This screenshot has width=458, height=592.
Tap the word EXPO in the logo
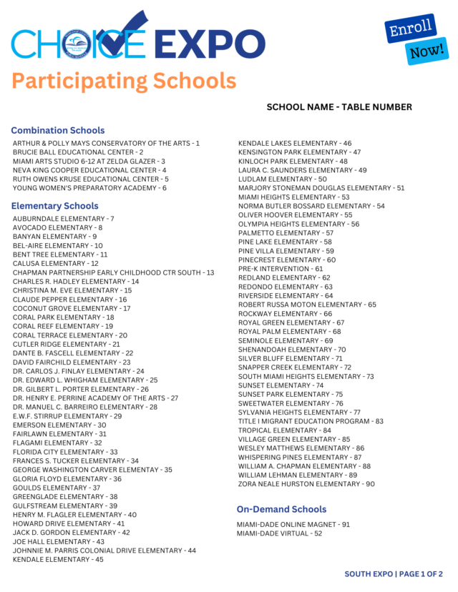pos(208,44)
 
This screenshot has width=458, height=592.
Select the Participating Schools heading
pos(124,80)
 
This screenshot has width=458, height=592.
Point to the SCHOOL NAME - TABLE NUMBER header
pos(339,107)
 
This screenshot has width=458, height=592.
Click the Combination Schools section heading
pos(58,130)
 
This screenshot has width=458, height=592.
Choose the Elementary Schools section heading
pos(55,206)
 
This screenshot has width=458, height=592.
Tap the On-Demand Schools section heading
pos(281,509)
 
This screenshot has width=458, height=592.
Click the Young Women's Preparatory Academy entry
pos(89,188)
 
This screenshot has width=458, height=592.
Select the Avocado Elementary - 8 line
pos(57,227)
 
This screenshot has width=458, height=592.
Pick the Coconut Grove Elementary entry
pos(72,308)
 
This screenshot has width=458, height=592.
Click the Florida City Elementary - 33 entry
pos(65,452)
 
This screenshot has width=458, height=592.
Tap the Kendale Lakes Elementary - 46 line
pos(295,143)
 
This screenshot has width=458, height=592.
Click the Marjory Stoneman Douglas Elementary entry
pos(321,188)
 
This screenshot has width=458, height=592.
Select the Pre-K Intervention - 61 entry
pos(281,269)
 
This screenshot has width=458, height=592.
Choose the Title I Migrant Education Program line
pos(311,421)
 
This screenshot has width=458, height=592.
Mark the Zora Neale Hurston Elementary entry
pos(306,484)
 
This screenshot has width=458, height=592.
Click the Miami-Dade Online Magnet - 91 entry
pos(293,524)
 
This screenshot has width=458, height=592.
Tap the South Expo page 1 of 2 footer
pos(394,574)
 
